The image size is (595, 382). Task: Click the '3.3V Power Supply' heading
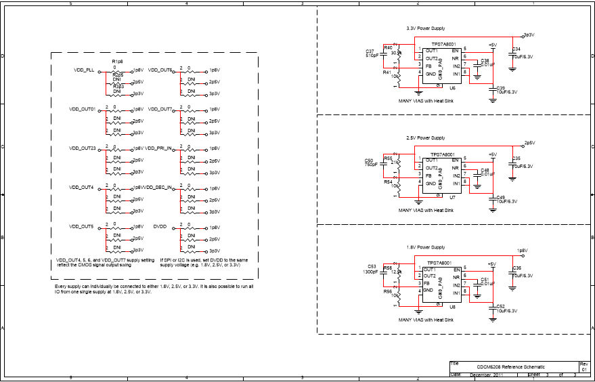(425, 28)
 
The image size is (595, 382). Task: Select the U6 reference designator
(452, 88)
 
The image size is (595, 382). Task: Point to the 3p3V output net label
(529, 35)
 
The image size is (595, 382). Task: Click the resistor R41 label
(387, 72)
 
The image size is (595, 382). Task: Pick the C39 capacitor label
(500, 87)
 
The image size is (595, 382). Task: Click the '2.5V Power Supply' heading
(425, 137)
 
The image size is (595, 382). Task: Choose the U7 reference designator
(452, 198)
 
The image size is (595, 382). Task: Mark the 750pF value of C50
(371, 165)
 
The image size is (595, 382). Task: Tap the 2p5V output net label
(529, 143)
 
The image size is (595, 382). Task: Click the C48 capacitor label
(485, 170)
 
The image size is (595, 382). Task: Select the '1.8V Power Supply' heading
(425, 247)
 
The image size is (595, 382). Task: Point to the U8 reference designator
(452, 307)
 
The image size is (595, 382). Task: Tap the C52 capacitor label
(500, 306)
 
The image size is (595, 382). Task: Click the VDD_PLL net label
(84, 70)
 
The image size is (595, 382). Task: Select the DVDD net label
(160, 226)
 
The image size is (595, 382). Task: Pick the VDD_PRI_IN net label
(158, 148)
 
